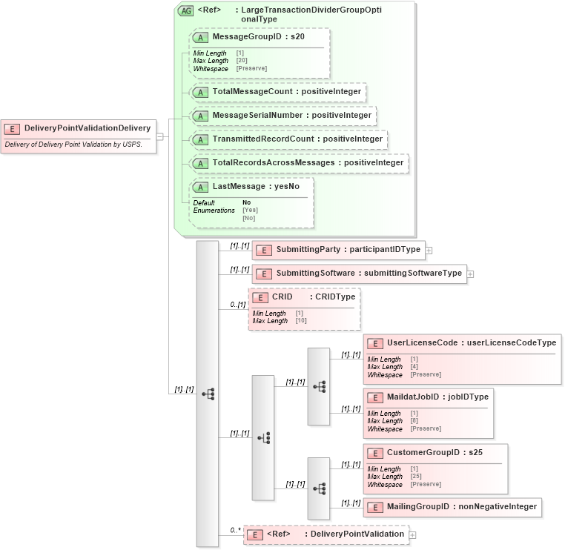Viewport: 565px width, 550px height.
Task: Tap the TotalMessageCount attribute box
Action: click(x=278, y=92)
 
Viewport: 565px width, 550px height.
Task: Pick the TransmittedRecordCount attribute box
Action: click(x=288, y=139)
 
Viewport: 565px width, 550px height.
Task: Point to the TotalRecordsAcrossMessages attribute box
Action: click(x=299, y=162)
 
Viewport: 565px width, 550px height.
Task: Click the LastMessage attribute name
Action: click(x=234, y=186)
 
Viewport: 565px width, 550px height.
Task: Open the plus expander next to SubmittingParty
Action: click(x=429, y=251)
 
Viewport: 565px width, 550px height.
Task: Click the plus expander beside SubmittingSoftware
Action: click(x=470, y=274)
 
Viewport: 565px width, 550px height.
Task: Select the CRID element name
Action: click(x=282, y=297)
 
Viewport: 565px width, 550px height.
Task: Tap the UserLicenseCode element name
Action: click(x=422, y=342)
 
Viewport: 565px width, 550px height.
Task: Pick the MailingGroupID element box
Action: click(x=452, y=507)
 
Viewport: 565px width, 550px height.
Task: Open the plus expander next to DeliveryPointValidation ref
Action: click(x=413, y=534)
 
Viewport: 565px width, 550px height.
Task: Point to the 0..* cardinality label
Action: click(x=235, y=530)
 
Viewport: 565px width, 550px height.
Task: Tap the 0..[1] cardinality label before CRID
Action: click(x=237, y=305)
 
